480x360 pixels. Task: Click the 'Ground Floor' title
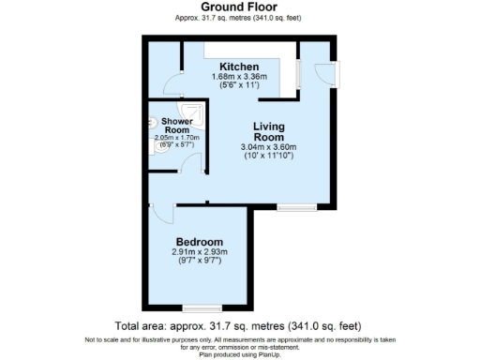[x=239, y=7]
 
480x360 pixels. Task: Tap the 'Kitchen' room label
[x=240, y=67]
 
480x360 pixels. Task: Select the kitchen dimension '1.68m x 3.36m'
[x=240, y=77]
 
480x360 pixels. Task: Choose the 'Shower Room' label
[x=176, y=126]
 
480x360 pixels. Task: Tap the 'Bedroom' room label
[x=197, y=241]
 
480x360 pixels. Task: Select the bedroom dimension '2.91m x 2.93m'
[x=200, y=252]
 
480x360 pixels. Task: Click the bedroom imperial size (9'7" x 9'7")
[x=200, y=262]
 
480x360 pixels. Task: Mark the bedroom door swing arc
[x=161, y=215]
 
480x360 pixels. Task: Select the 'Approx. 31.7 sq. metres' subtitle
[x=239, y=18]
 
